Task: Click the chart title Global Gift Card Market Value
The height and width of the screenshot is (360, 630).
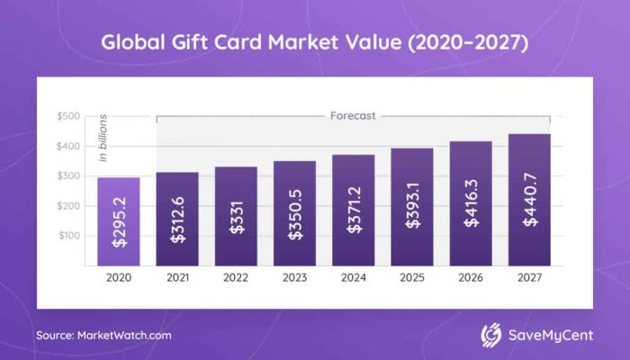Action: pyautogui.click(x=314, y=41)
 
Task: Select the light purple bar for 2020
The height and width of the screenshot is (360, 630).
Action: pyautogui.click(x=119, y=221)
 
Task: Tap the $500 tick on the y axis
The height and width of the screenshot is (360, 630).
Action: pyautogui.click(x=68, y=116)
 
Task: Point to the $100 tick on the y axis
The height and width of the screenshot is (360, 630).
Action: pyautogui.click(x=68, y=236)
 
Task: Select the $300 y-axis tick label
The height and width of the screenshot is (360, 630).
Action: pyautogui.click(x=68, y=176)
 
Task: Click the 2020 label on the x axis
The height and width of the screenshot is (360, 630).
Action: pyautogui.click(x=119, y=279)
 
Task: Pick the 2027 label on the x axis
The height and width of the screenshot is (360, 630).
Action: pyautogui.click(x=528, y=279)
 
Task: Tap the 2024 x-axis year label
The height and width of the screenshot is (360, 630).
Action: pyautogui.click(x=353, y=279)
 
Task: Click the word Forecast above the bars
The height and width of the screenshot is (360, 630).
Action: pyautogui.click(x=353, y=116)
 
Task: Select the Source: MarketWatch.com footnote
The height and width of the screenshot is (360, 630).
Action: pyautogui.click(x=103, y=335)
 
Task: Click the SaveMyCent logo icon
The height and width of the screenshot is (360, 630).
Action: pyautogui.click(x=491, y=335)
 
